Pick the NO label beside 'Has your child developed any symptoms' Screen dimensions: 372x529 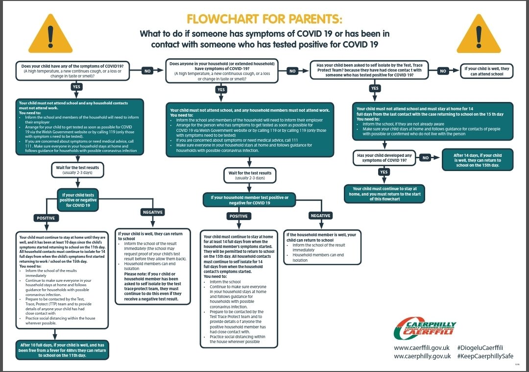[426, 158]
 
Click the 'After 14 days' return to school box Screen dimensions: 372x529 [478, 159]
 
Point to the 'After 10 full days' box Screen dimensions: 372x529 [62, 348]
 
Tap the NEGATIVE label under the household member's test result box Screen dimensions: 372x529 [320, 216]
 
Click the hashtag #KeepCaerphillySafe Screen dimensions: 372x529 [485, 356]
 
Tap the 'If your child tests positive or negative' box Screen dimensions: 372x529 [78, 199]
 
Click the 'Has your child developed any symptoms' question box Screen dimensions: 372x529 [384, 158]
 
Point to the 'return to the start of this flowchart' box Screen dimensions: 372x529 [384, 194]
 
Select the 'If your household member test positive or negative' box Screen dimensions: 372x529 [249, 200]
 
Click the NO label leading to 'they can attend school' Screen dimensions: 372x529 [443, 71]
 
